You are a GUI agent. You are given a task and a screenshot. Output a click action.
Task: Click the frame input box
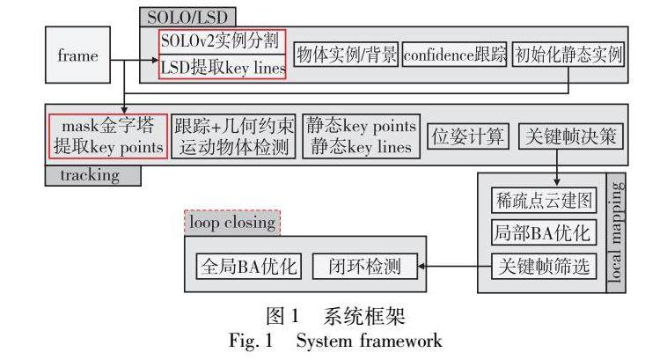78,55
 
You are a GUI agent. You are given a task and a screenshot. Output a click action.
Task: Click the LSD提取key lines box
222,66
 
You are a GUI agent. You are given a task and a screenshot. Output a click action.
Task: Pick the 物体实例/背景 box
345,55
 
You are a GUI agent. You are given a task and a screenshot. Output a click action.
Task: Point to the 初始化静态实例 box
568,55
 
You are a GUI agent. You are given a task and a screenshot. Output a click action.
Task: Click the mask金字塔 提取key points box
107,136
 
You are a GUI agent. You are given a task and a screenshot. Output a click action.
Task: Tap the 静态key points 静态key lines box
360,136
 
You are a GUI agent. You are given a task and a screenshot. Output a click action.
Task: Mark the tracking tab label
92,175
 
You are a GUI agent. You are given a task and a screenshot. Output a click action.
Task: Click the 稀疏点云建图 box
543,202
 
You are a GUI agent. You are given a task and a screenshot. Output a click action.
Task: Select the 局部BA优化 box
543,232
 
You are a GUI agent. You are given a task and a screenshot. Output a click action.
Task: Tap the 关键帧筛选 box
543,263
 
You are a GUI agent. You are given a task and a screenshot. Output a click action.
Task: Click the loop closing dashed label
231,223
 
